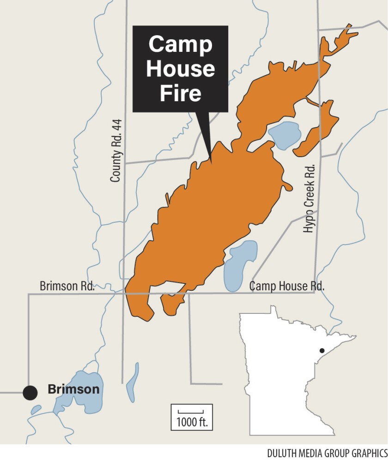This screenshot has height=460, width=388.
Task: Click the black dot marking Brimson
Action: [x=30, y=393]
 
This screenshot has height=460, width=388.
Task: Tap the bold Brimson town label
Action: [x=73, y=389]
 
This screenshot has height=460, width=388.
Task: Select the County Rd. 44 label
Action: [x=117, y=150]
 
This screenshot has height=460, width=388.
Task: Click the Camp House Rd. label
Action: [x=287, y=286]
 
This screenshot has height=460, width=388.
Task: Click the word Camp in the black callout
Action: [x=180, y=45]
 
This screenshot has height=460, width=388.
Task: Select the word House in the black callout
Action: [x=180, y=69]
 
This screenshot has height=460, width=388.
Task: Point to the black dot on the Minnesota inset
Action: [x=321, y=350]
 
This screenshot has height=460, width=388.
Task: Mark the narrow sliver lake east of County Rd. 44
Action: [x=133, y=377]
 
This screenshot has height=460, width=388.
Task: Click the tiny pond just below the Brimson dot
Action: [x=36, y=410]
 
